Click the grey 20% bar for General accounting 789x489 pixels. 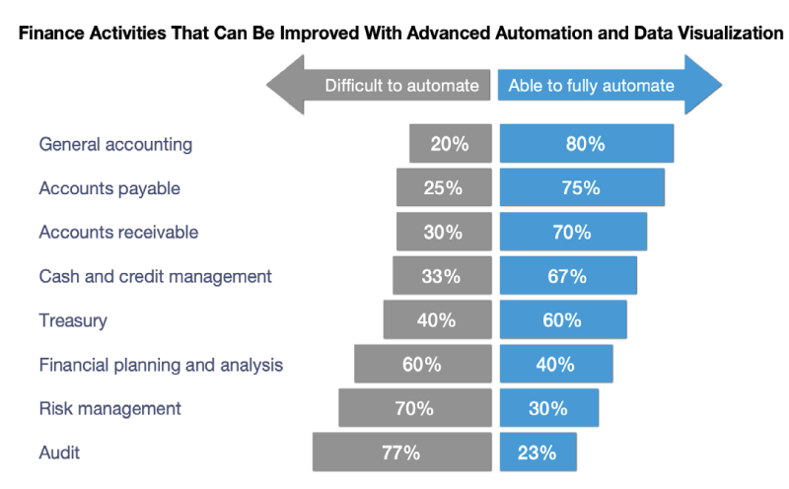pyautogui.click(x=451, y=144)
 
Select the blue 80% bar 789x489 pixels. pyautogui.click(x=586, y=144)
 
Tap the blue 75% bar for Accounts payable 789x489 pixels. pyautogui.click(x=581, y=188)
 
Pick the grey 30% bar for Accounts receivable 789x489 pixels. pyautogui.click(x=444, y=233)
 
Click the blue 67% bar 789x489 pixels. pyautogui.click(x=568, y=277)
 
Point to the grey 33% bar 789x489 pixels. pyautogui.click(x=442, y=277)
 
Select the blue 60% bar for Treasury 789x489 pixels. pyautogui.click(x=563, y=320)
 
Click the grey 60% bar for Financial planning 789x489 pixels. pyautogui.click(x=422, y=365)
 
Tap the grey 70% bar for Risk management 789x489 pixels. pyautogui.click(x=414, y=408)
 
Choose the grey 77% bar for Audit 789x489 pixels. pyautogui.click(x=401, y=453)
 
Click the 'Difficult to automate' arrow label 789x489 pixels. pyautogui.click(x=402, y=85)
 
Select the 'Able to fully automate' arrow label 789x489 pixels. pyautogui.click(x=592, y=85)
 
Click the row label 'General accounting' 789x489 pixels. pyautogui.click(x=115, y=144)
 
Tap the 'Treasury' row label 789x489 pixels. pyautogui.click(x=73, y=320)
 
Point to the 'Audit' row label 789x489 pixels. pyautogui.click(x=59, y=453)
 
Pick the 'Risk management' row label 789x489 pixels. pyautogui.click(x=109, y=408)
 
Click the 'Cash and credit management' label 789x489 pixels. pyautogui.click(x=155, y=277)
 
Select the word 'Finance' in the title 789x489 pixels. pyautogui.click(x=49, y=34)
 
